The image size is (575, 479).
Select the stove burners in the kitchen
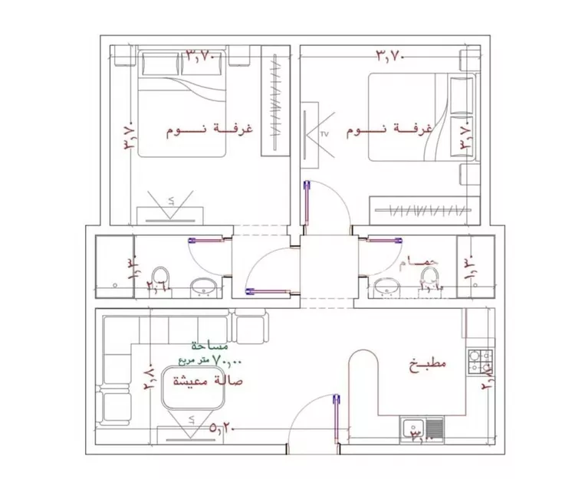[481, 356]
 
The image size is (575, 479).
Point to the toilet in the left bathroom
[161, 277]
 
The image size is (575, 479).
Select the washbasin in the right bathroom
[384, 289]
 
